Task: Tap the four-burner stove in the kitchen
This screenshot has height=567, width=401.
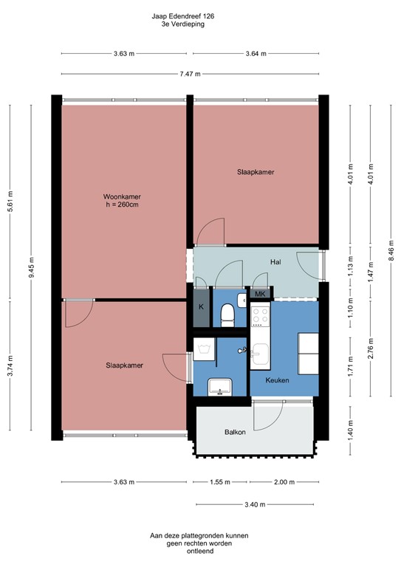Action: pyautogui.click(x=261, y=317)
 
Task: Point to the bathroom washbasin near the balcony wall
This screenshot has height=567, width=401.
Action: pyautogui.click(x=220, y=386)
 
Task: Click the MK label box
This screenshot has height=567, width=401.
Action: pyautogui.click(x=259, y=294)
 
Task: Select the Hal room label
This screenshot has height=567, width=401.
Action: pyautogui.click(x=275, y=262)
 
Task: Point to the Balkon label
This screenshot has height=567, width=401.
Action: pyautogui.click(x=236, y=432)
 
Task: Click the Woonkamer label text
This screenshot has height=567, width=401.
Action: pyautogui.click(x=122, y=196)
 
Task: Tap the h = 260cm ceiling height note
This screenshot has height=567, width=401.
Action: pyautogui.click(x=122, y=205)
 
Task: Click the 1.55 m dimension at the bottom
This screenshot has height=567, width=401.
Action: pyautogui.click(x=220, y=483)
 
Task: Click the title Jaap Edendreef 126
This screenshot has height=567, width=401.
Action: pyautogui.click(x=183, y=15)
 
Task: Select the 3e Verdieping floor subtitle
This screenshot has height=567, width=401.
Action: pyautogui.click(x=183, y=24)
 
